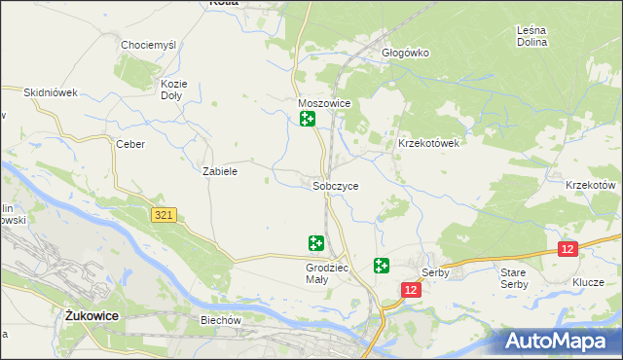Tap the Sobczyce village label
pos(336,185)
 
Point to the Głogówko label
pos(405,53)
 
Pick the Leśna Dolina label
pos(532,36)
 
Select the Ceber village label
pos(130,144)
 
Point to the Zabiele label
pos(220,170)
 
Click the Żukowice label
pos(91,315)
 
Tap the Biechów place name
pos(220,320)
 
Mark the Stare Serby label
pos(513,277)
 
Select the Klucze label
pos(589,281)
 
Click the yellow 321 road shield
pos(164,215)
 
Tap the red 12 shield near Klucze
pos(568,250)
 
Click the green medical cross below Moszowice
pos(308,120)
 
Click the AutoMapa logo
pos(560,341)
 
